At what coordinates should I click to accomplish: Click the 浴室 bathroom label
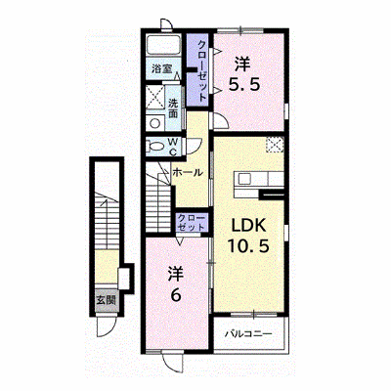pyautogui.click(x=162, y=68)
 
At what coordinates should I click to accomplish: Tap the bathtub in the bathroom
pyautogui.click(x=164, y=44)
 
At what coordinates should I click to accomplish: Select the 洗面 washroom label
pyautogui.click(x=173, y=109)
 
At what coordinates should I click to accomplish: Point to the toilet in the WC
pyautogui.click(x=153, y=146)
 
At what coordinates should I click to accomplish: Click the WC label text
pyautogui.click(x=174, y=147)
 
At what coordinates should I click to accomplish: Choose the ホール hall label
pyautogui.click(x=188, y=172)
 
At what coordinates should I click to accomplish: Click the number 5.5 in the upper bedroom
pyautogui.click(x=244, y=85)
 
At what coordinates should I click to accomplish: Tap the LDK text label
pyautogui.click(x=249, y=225)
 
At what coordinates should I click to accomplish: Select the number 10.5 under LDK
pyautogui.click(x=248, y=245)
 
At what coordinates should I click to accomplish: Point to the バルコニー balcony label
pyautogui.click(x=249, y=334)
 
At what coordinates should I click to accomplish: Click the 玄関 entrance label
pyautogui.click(x=106, y=300)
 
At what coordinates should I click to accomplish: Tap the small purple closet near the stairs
pyautogui.click(x=191, y=223)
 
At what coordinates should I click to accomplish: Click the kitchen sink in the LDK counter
pyautogui.click(x=243, y=179)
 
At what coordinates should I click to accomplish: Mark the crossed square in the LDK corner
pyautogui.click(x=275, y=145)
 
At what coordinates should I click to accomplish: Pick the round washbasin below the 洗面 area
pyautogui.click(x=154, y=123)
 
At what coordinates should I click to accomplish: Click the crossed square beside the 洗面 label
pyautogui.click(x=154, y=97)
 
